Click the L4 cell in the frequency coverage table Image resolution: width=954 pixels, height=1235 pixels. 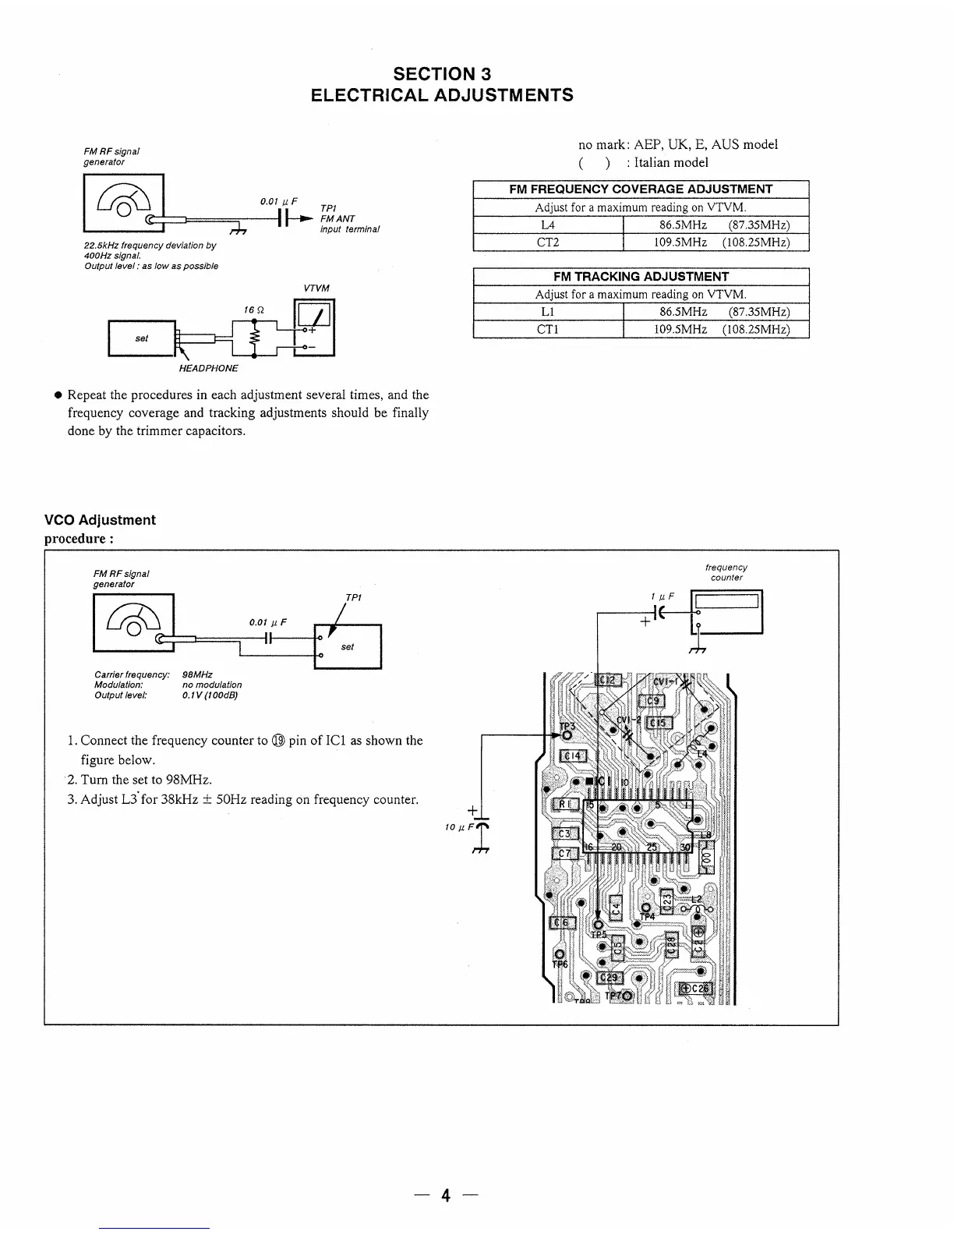coord(548,225)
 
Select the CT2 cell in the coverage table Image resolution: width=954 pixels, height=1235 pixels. coord(548,242)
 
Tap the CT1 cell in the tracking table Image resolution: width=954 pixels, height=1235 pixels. coord(548,329)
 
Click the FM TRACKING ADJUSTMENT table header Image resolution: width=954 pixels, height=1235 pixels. coord(641,277)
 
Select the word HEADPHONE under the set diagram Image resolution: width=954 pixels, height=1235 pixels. coord(208,368)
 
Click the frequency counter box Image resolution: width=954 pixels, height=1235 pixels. coord(728,611)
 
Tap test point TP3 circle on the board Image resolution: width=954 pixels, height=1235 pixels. coord(567,734)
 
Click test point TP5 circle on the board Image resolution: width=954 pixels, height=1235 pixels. coord(598,925)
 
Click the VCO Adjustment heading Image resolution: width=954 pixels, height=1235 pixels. coord(100,520)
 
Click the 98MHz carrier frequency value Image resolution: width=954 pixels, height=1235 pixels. coord(197,674)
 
